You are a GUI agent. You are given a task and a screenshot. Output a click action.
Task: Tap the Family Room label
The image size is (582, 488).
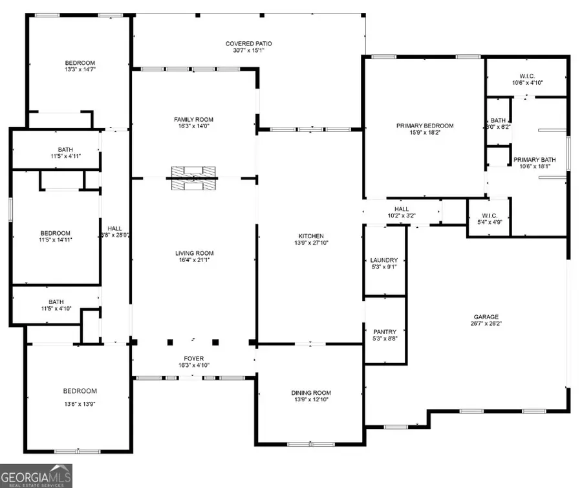(x=193, y=120)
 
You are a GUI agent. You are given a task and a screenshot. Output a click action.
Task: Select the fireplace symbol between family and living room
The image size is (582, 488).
(x=193, y=179)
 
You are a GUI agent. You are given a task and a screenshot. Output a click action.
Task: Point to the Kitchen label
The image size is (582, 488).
(x=310, y=236)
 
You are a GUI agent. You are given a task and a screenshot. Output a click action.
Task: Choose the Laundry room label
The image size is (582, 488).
(x=383, y=260)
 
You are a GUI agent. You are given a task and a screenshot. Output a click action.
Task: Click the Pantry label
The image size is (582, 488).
(x=384, y=331)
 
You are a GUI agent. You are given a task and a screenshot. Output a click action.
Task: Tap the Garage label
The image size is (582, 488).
(x=486, y=317)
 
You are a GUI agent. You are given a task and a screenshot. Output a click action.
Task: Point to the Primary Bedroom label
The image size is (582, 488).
(x=425, y=126)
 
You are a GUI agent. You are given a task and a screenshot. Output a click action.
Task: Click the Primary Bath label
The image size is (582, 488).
(x=534, y=160)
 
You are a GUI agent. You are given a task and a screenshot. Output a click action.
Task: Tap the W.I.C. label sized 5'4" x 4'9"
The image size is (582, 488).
(x=488, y=216)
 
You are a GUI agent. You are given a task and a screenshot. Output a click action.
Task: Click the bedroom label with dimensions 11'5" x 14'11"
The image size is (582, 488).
(x=56, y=233)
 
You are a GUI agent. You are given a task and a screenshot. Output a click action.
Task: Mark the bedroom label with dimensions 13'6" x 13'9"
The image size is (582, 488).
(x=80, y=391)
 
